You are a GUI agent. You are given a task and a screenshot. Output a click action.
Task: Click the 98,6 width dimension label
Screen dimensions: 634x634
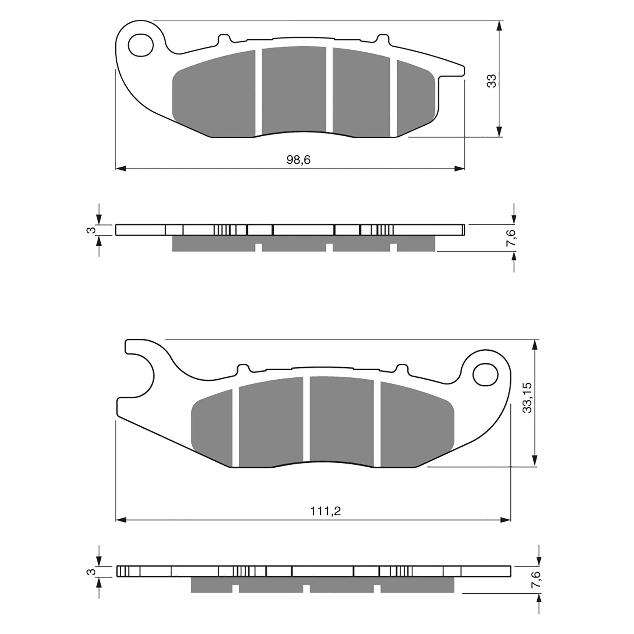pos(298,160)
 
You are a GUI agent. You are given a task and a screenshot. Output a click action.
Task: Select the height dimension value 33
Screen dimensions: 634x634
pos(492,81)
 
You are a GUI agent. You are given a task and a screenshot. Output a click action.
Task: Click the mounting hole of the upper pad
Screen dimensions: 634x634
pos(141,44)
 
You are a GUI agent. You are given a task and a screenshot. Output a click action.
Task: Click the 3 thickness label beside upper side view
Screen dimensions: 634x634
pos(91,230)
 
